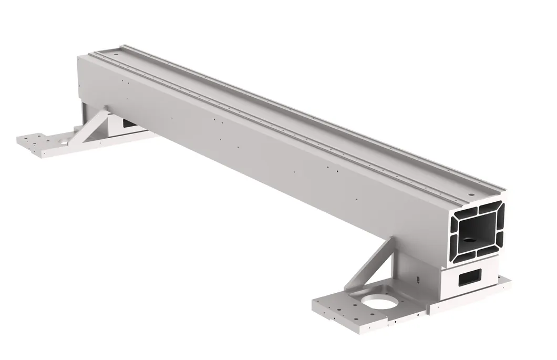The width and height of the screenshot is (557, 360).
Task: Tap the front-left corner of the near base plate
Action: (x=315, y=305)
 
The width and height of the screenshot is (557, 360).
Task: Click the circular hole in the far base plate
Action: (x=63, y=142)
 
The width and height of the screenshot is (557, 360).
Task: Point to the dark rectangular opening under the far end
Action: (x=128, y=122)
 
